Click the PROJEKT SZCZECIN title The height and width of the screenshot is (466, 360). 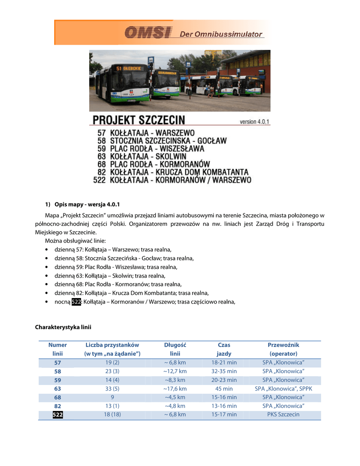click(x=139, y=120)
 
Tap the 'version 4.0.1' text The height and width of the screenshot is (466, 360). click(x=255, y=122)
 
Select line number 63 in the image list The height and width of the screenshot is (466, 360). click(x=101, y=156)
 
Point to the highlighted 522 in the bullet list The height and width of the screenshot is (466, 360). click(x=76, y=301)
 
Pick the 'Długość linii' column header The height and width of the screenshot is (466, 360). click(x=175, y=349)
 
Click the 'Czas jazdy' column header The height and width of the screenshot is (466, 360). click(x=224, y=349)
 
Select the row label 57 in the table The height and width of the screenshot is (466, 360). click(x=57, y=363)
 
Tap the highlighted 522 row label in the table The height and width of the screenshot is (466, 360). click(x=57, y=415)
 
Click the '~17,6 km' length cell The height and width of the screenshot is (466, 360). click(x=175, y=389)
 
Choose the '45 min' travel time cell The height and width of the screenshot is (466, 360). click(x=224, y=389)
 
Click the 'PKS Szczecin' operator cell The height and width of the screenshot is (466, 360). click(x=283, y=415)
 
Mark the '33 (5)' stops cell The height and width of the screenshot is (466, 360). click(x=112, y=389)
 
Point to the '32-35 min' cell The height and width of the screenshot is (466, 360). click(x=224, y=371)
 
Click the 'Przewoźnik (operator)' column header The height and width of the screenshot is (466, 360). click(x=283, y=349)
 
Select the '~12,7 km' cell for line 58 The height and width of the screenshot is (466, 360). click(x=175, y=371)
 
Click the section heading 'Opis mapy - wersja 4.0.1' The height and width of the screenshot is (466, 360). click(x=87, y=203)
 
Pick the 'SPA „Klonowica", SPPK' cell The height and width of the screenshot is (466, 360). click(x=283, y=389)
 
